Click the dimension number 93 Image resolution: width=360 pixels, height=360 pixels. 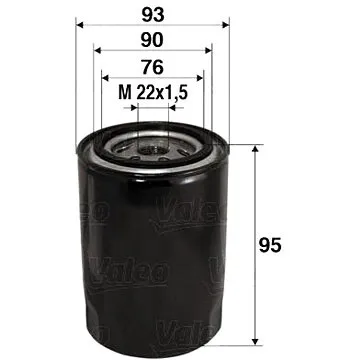(x=151, y=16)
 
